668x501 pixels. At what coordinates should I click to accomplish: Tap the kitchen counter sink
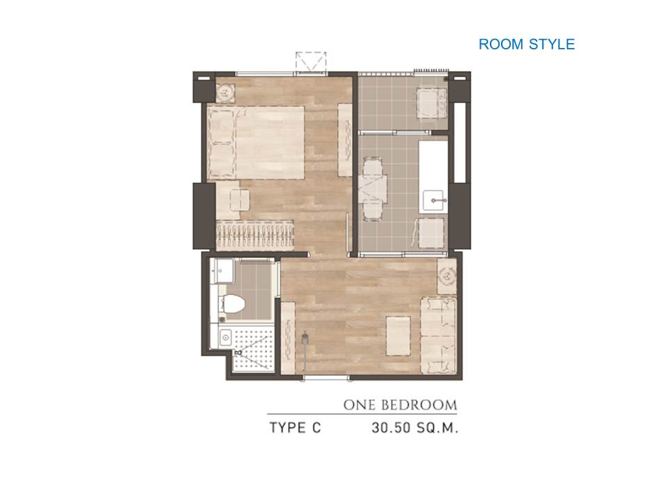(x=434, y=200)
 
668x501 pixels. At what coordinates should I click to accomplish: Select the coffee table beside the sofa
(x=398, y=335)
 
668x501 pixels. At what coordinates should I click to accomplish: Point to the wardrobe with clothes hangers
(x=255, y=235)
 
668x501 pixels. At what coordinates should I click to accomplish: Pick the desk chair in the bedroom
(x=240, y=200)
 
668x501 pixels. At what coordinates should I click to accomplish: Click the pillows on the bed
(x=221, y=143)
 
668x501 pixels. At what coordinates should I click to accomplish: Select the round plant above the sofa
(x=447, y=276)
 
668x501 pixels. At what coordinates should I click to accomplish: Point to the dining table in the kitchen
(x=372, y=189)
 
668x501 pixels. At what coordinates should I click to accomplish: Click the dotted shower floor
(x=253, y=347)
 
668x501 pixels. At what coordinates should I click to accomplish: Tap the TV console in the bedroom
(x=345, y=140)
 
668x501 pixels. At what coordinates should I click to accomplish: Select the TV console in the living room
(x=288, y=337)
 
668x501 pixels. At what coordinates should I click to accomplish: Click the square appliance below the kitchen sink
(x=431, y=232)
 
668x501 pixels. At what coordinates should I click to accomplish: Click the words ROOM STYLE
(x=527, y=45)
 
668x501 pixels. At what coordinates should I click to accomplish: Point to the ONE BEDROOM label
(x=400, y=405)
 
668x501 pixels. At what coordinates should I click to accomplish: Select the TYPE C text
(x=295, y=427)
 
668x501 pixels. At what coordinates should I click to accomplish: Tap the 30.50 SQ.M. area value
(x=415, y=427)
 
